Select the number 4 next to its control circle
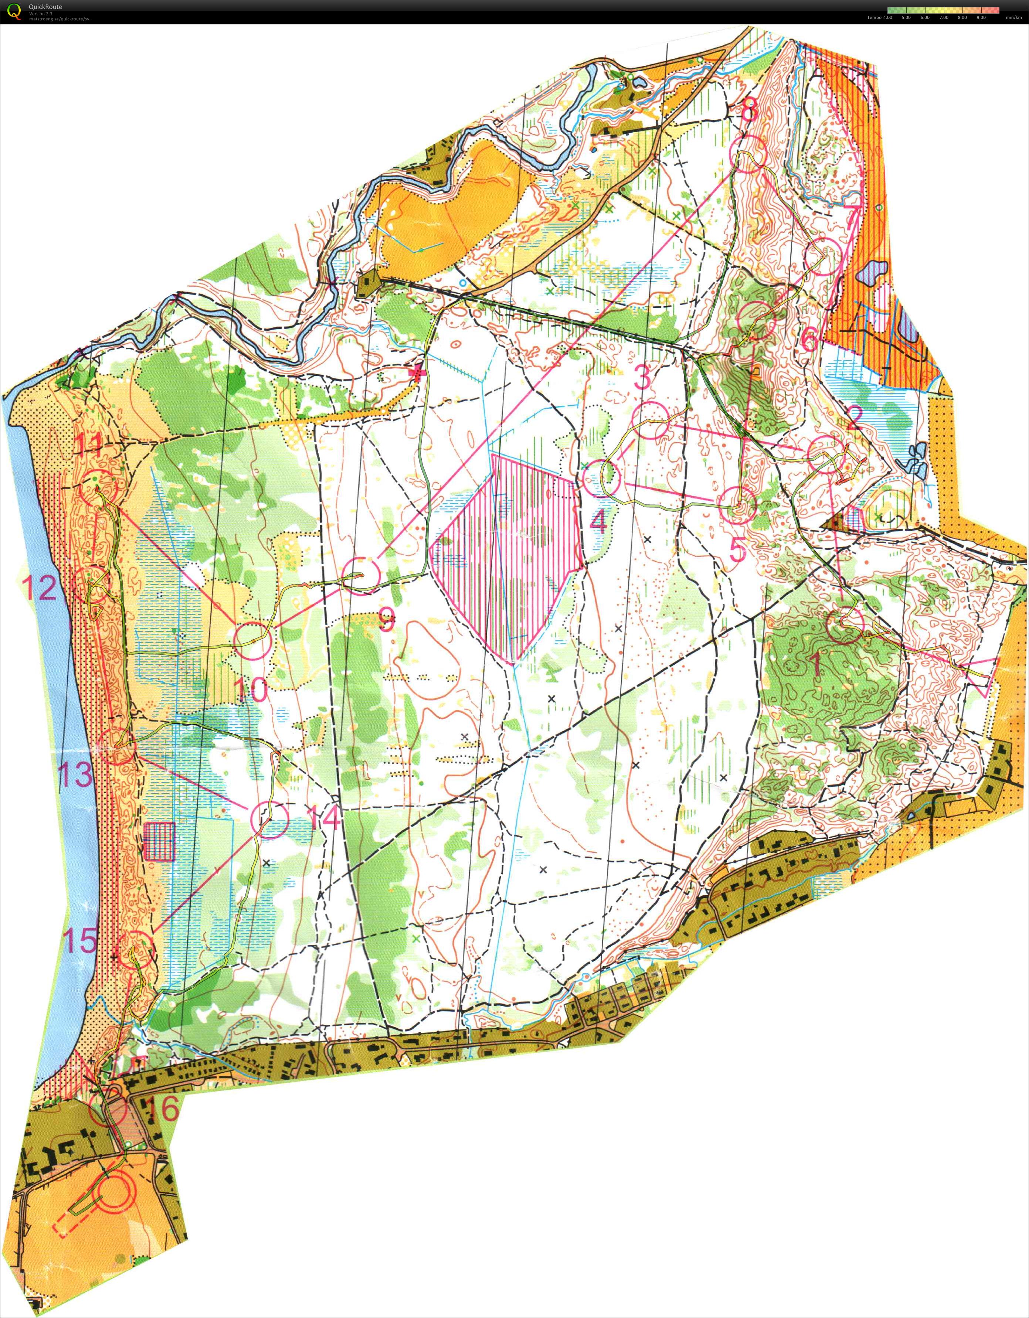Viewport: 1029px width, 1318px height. pyautogui.click(x=599, y=522)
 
